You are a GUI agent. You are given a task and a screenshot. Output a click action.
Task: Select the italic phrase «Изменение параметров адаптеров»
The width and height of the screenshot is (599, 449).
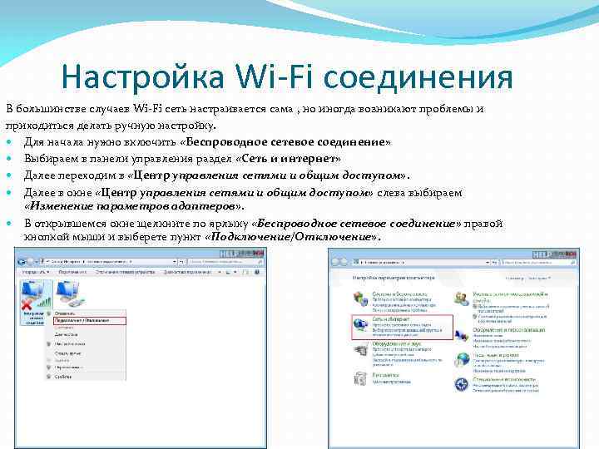coord(133,205)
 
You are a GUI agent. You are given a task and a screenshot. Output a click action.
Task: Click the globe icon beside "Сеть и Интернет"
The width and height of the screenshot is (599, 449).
coord(359,324)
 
